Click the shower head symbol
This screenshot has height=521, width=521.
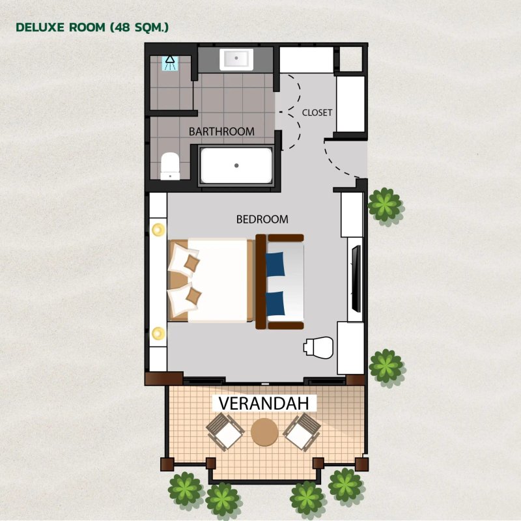(170, 63)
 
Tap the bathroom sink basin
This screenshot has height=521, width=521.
(236, 59)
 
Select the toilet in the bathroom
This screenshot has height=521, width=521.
(170, 166)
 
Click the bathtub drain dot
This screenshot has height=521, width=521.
(236, 165)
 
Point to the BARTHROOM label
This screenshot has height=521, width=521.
(221, 132)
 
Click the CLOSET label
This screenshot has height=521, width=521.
(317, 113)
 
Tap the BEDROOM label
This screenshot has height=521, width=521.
(262, 219)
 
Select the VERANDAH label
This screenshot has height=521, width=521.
(264, 403)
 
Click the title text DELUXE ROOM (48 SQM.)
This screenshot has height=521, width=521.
(92, 27)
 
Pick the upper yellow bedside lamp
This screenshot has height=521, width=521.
(158, 229)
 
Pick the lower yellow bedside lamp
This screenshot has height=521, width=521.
(158, 333)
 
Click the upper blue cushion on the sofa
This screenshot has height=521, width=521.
(275, 264)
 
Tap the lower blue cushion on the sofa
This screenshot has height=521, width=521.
(275, 303)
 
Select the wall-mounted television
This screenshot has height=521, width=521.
(356, 279)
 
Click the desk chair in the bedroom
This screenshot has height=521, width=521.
(318, 348)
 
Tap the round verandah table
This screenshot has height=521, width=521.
(264, 432)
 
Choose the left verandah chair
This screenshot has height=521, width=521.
(225, 432)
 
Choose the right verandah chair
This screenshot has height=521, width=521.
(302, 432)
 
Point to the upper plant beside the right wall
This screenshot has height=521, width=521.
(385, 204)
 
